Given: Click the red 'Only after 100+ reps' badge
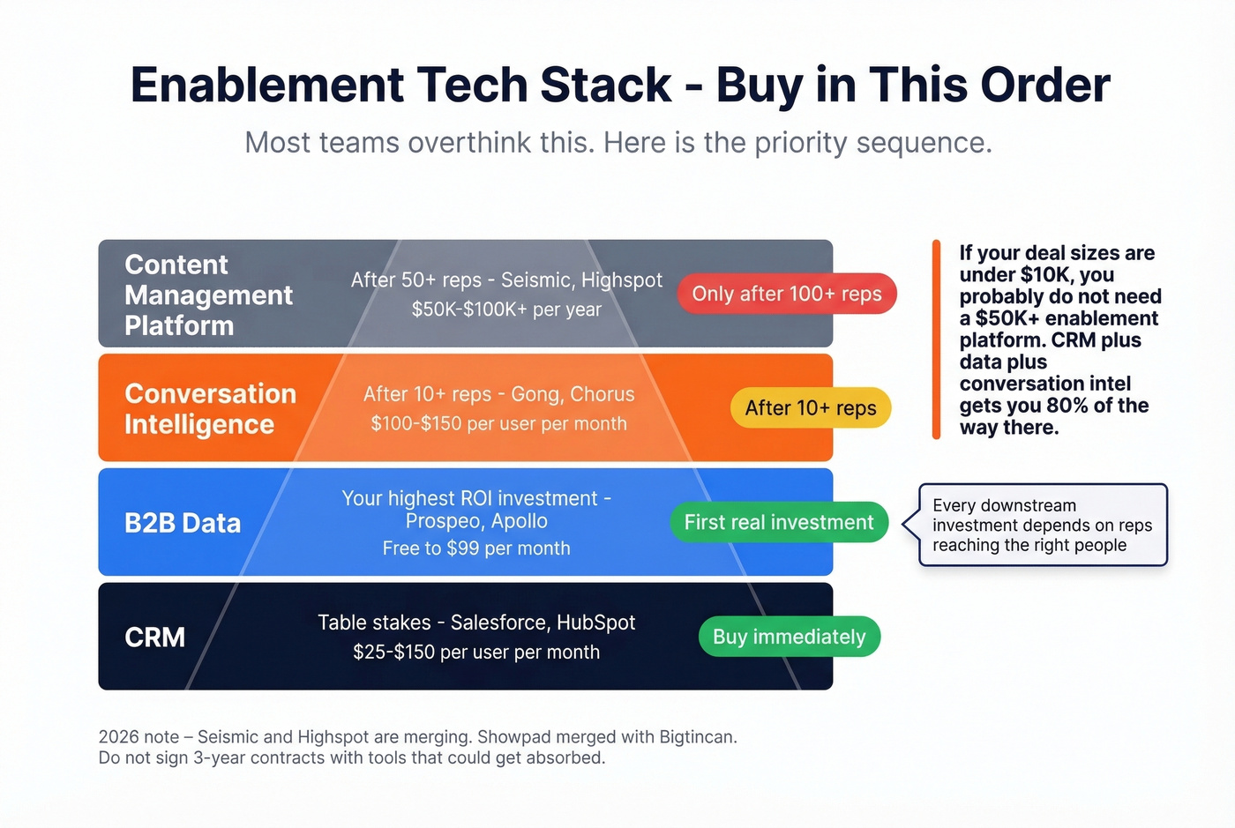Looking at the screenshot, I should click(x=786, y=294).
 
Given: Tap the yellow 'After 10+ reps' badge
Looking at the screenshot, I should click(x=811, y=408).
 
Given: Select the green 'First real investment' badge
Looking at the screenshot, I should click(x=779, y=522).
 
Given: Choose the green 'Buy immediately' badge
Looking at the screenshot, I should click(x=790, y=637).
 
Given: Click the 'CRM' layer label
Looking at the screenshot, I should click(x=155, y=637).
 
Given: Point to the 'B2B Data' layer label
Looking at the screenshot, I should click(x=183, y=523).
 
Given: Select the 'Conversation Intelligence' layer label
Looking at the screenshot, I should click(x=210, y=409).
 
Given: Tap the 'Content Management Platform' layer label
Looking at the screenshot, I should click(x=208, y=295).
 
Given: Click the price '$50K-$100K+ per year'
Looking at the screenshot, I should click(x=506, y=310).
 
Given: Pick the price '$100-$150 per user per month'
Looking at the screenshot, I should click(x=498, y=423).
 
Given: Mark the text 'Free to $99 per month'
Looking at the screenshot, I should click(x=476, y=548).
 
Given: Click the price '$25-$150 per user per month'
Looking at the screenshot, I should click(x=476, y=653).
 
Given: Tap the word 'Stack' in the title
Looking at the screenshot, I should click(x=605, y=86).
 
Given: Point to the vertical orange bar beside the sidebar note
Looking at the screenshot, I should click(x=936, y=339).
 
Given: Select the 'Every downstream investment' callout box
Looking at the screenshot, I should click(x=1043, y=525).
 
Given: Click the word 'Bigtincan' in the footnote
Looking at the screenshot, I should click(x=697, y=737).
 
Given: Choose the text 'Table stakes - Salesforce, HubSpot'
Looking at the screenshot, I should click(x=476, y=623).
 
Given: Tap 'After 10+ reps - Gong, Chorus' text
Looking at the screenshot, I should click(x=498, y=394).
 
